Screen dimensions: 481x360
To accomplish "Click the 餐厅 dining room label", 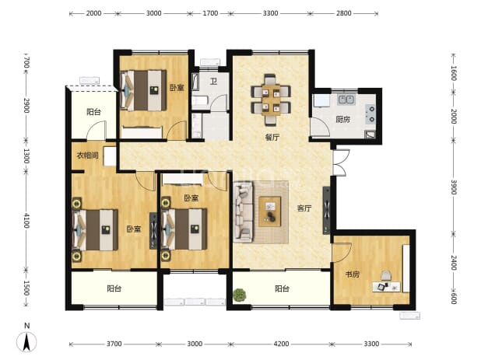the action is (x=272, y=138).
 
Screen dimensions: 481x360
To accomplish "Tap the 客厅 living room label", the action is (x=304, y=208).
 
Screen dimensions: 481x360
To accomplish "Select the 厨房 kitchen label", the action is (x=342, y=119).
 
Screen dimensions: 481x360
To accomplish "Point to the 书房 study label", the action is (x=352, y=274).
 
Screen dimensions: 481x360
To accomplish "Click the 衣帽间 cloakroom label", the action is (x=87, y=156).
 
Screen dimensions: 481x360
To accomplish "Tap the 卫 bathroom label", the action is (x=213, y=82).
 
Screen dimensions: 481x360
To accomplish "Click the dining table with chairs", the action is (x=271, y=100).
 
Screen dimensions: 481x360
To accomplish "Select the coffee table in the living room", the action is (x=269, y=211).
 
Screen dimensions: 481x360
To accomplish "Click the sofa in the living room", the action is (x=244, y=211).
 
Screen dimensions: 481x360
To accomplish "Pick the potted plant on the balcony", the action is (x=240, y=295).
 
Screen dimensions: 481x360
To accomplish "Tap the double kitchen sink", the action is (x=346, y=100).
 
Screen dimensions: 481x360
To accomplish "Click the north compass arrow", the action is (x=26, y=341).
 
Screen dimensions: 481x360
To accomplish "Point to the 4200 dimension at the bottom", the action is (x=281, y=344).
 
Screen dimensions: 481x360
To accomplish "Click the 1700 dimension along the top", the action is (x=210, y=13).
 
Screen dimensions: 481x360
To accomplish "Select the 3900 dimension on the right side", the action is (x=454, y=187).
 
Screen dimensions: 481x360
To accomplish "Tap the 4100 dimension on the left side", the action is (x=26, y=221).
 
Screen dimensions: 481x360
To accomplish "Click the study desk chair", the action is (x=386, y=275).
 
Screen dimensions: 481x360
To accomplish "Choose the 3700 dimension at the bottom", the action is (x=114, y=344).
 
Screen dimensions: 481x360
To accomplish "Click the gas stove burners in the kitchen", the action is (x=371, y=114).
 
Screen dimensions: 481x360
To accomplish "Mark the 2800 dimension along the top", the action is (x=343, y=13).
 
